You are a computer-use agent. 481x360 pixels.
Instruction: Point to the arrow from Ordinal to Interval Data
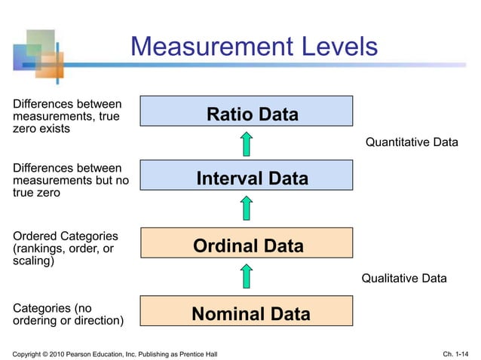pyautogui.click(x=247, y=209)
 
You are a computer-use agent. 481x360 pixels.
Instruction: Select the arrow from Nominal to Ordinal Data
pyautogui.click(x=247, y=276)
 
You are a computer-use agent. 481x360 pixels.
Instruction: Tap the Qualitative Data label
pyautogui.click(x=404, y=278)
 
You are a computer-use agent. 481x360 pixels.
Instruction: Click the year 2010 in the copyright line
pyautogui.click(x=63, y=354)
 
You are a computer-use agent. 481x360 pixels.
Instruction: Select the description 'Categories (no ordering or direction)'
pyautogui.click(x=66, y=313)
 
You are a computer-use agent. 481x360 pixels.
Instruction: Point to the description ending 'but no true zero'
pyautogui.click(x=66, y=179)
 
